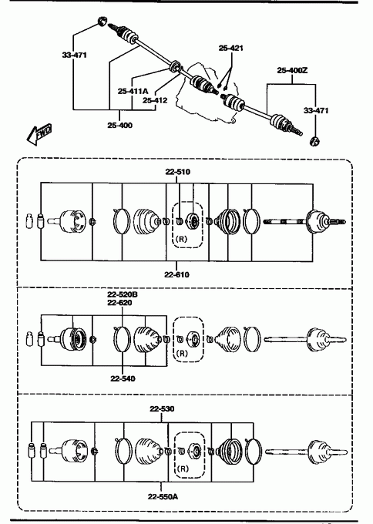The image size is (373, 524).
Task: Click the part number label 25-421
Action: (x=230, y=48)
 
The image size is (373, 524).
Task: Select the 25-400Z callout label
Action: (x=292, y=70)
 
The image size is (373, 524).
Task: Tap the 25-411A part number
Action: (x=133, y=91)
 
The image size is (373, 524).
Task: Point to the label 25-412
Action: (x=155, y=100)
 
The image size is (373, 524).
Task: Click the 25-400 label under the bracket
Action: (x=119, y=126)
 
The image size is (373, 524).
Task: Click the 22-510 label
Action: (x=177, y=172)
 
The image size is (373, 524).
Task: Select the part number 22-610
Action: (x=176, y=274)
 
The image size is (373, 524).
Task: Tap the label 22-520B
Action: (x=123, y=294)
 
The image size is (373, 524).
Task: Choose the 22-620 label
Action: (x=119, y=302)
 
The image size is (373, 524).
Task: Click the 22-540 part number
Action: (x=123, y=378)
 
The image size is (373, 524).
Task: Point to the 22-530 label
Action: (x=162, y=408)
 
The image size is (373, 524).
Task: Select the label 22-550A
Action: (x=163, y=496)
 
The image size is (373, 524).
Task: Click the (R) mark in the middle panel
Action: (x=181, y=353)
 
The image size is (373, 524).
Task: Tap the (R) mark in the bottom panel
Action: (x=183, y=469)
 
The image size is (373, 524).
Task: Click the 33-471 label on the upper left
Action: (x=74, y=55)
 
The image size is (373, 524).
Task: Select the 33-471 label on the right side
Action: (x=316, y=110)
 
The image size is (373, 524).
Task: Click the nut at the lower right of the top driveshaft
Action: (x=315, y=141)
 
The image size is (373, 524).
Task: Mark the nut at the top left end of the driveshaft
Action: (x=102, y=21)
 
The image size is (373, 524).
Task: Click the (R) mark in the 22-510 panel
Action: (x=181, y=239)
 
